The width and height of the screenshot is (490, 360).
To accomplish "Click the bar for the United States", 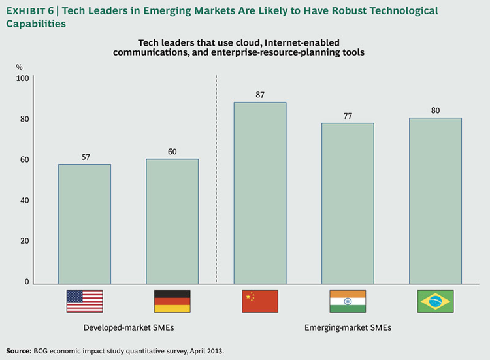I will click(84, 223).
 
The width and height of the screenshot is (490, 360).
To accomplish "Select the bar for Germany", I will click(172, 221).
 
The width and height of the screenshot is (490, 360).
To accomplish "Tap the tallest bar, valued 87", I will click(260, 192).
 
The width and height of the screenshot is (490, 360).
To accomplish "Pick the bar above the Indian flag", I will click(348, 203).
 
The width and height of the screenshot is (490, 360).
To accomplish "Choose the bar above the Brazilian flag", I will click(435, 200).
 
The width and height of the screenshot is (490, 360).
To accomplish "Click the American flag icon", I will click(84, 301).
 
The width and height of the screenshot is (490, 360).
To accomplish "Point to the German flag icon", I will click(172, 301).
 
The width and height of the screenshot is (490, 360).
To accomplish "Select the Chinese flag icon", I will click(260, 301).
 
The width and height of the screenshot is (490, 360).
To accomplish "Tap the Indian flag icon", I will click(348, 301).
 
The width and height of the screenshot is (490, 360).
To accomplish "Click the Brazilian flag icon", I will click(435, 301).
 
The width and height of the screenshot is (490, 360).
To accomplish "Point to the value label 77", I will click(348, 116).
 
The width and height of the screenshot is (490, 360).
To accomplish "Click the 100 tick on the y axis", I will click(23, 78).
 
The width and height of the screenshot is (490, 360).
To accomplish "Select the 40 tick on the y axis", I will click(25, 201).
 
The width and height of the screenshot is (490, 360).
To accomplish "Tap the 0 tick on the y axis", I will click(27, 282).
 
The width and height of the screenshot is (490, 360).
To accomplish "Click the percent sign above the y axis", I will click(20, 67).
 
